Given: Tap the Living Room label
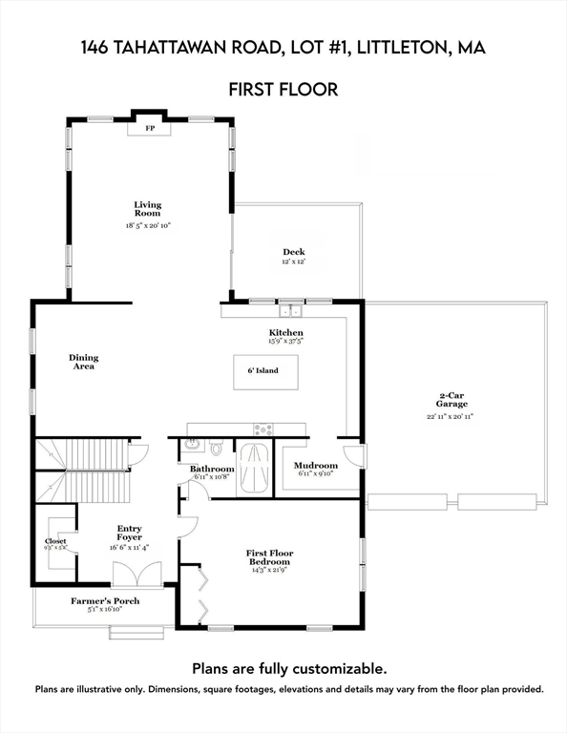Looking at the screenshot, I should point(147,209).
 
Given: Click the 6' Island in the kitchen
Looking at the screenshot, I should point(265,369).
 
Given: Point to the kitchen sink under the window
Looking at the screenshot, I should point(289,310).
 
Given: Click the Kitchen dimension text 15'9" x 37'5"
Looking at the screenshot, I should point(285,340).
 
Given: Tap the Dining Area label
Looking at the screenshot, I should point(83,362).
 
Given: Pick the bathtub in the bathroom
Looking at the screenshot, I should point(254,468).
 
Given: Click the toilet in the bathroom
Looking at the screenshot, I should point(216,447).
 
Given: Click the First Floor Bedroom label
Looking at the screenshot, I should point(268,557).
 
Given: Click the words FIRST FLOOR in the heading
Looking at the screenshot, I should point(283,90).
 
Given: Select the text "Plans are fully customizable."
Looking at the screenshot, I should point(289,669).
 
